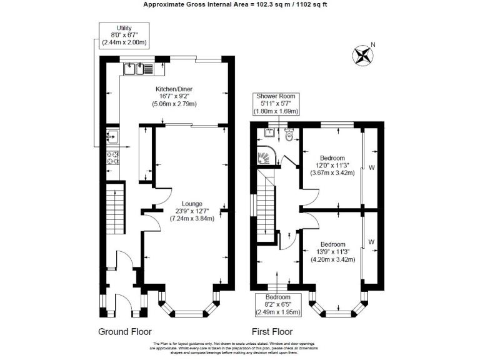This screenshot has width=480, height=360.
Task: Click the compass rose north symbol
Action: click(x=363, y=55)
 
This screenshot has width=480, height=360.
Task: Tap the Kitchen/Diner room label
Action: click(x=174, y=97)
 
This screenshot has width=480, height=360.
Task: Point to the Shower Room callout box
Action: click(x=276, y=104)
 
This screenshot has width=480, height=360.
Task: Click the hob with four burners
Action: click(x=112, y=157)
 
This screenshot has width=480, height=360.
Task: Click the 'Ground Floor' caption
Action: click(x=125, y=331)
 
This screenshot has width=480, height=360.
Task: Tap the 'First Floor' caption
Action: click(x=272, y=331)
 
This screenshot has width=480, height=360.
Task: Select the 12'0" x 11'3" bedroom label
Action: click(x=332, y=165)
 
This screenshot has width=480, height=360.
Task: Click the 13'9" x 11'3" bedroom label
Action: click(x=332, y=252)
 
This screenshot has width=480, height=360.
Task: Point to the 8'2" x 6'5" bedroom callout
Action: click(x=277, y=304)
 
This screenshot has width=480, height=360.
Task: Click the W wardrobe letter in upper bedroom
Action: click(x=371, y=167)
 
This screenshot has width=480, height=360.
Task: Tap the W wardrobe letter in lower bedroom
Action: click(x=371, y=242)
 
